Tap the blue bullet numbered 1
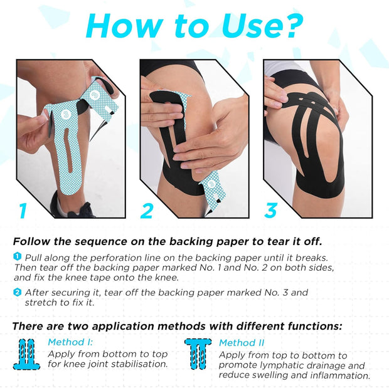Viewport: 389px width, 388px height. pos(17,256)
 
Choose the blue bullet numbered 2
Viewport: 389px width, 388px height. pos(17,292)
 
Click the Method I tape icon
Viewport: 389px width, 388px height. pos(27,354)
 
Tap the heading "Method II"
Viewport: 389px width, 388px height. pos(242,343)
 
